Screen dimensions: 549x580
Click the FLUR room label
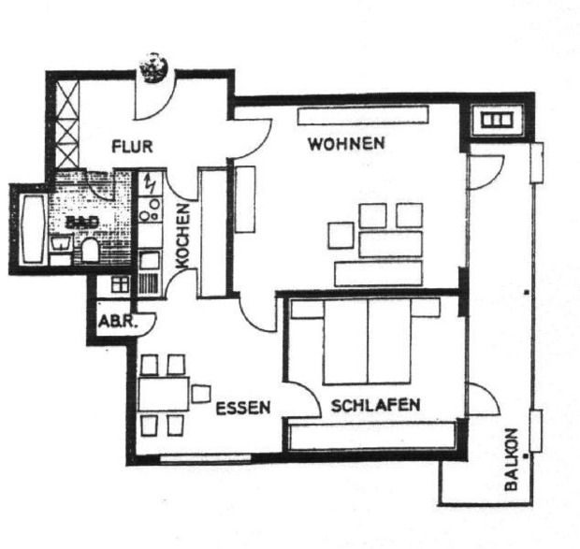(x=132, y=147)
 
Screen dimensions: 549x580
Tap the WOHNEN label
(x=346, y=144)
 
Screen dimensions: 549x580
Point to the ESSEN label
(x=242, y=408)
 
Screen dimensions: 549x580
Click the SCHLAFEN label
(x=374, y=406)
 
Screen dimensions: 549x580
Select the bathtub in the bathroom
(x=30, y=229)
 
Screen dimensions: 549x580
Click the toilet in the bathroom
(x=91, y=249)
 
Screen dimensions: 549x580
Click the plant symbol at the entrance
(x=152, y=67)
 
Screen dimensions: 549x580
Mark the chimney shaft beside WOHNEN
(x=495, y=121)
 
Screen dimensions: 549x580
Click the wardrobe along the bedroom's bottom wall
(x=371, y=436)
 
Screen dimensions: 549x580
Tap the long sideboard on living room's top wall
(x=362, y=116)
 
